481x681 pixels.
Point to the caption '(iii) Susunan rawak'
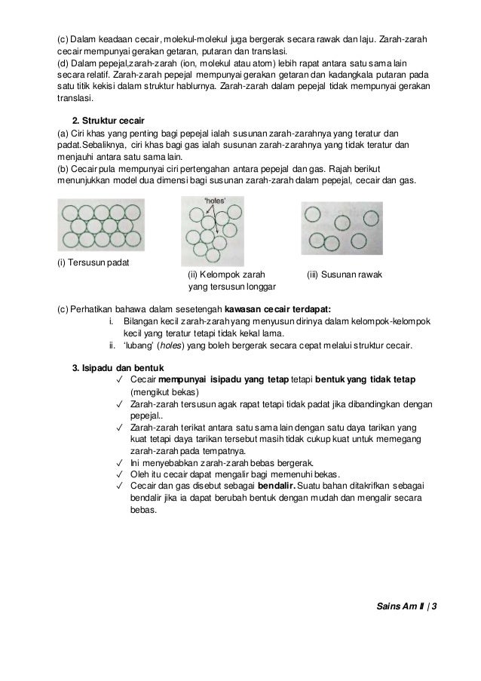coord(345,275)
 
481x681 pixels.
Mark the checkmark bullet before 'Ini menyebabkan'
coord(121,462)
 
